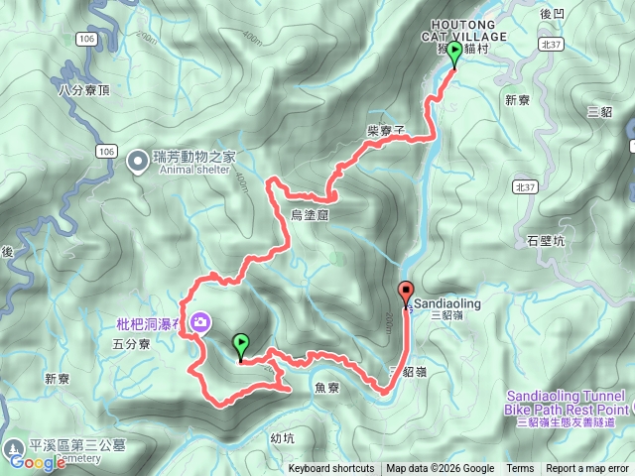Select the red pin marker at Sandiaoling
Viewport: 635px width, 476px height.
406,294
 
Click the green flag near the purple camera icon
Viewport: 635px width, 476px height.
241,346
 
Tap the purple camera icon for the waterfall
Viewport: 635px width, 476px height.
201,322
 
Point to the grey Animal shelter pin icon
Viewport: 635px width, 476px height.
140,157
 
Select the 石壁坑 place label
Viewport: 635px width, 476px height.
546,240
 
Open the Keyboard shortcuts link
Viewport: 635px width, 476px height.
331,469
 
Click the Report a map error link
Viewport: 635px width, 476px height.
587,469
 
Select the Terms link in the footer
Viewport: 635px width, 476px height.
520,469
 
